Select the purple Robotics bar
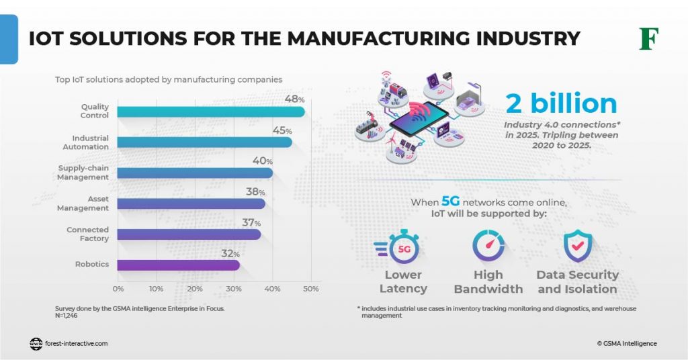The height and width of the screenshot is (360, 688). [179, 265]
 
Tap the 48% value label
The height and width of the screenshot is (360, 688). [294, 99]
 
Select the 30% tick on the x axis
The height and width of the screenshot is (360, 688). [234, 288]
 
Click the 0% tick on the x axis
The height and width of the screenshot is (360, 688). [118, 288]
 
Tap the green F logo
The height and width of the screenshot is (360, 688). [648, 39]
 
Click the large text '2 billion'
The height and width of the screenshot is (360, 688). [561, 103]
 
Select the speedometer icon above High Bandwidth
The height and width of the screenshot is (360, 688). [488, 245]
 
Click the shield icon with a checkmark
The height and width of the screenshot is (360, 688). [576, 245]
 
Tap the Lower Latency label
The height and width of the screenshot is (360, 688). [403, 282]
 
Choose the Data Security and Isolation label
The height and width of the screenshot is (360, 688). [577, 282]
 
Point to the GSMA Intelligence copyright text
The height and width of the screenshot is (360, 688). [627, 343]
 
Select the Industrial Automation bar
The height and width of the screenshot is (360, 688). [205, 142]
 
